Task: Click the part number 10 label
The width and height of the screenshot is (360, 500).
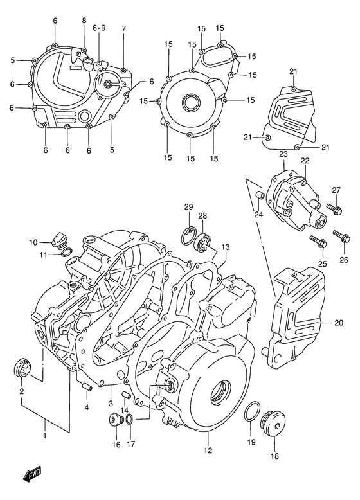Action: (x=33, y=242)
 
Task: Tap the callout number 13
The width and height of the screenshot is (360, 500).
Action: (x=225, y=247)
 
